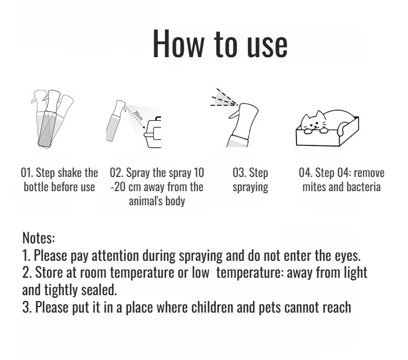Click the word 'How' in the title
tap(178, 43)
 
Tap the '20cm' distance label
tap(138, 115)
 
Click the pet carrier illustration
tap(153, 132)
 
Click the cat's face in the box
tap(313, 122)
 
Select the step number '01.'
tap(27, 173)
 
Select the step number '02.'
tap(116, 173)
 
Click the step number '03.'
tap(239, 173)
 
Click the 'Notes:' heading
tap(39, 238)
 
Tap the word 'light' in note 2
tap(354, 273)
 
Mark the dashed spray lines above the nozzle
tap(224, 98)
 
